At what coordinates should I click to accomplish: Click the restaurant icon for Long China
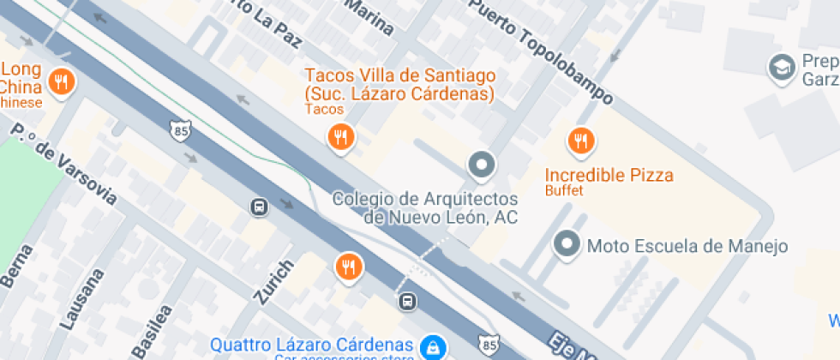(60, 82)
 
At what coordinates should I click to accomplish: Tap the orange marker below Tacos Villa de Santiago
(341, 135)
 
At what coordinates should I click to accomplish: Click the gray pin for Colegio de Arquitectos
(481, 164)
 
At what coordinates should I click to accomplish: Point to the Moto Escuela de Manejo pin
(567, 244)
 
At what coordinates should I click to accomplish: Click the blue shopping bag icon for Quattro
(433, 346)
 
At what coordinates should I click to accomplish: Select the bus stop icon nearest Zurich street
(258, 207)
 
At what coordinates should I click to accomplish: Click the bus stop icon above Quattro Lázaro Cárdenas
(408, 301)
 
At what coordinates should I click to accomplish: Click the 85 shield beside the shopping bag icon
(489, 345)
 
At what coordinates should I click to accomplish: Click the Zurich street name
(273, 281)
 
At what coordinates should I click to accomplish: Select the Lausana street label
(83, 300)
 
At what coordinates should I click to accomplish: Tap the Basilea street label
(152, 331)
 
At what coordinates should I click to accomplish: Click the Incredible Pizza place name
(609, 176)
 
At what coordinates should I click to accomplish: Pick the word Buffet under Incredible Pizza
(564, 191)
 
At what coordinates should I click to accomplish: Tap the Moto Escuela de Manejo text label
(687, 247)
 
